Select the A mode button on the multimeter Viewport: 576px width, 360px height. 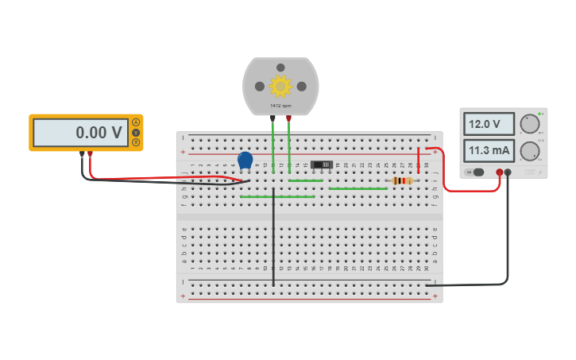coord(136,122)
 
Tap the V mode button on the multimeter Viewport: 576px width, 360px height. coord(136,133)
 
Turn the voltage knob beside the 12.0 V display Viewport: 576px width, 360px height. coord(529,124)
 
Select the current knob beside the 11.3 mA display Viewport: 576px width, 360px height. coord(529,151)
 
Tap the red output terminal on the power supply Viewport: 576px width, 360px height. coord(499,172)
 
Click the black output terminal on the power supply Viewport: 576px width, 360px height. coord(508,172)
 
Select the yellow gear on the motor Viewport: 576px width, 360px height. coord(280,86)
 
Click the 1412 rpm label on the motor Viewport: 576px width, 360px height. coord(280,106)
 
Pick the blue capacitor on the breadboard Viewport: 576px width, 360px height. coord(245,161)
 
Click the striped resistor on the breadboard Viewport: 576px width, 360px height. coord(404,180)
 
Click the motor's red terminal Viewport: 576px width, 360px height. coord(288,118)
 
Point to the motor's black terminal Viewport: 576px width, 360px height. coord(273,118)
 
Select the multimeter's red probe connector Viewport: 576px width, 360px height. coord(90,153)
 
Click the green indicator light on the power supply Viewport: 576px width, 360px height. coord(541,114)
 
